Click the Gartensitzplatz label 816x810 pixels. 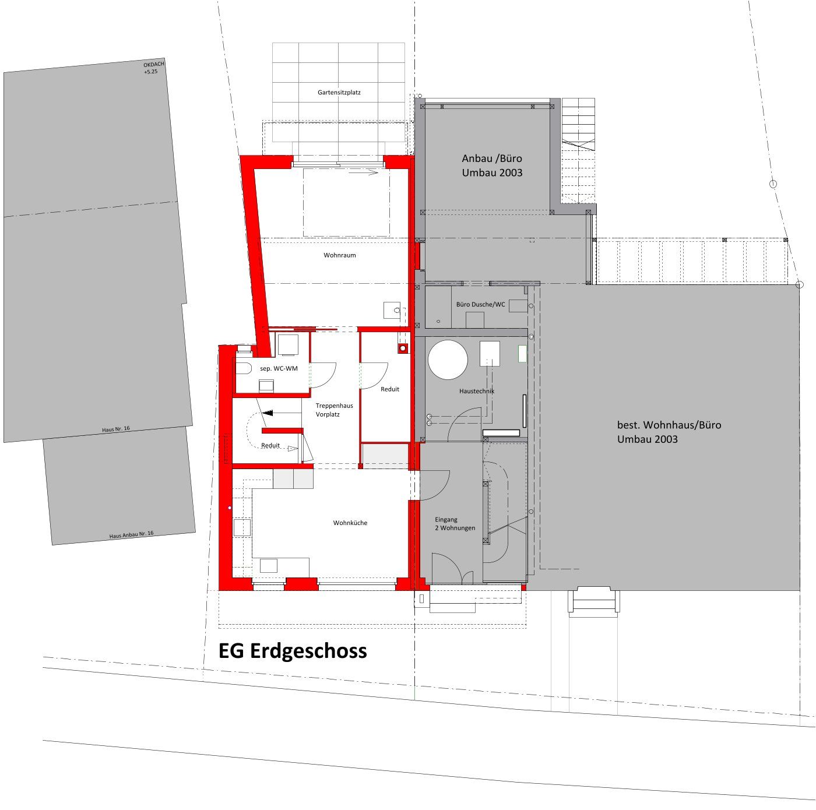[x=339, y=92]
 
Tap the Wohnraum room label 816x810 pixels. [x=340, y=255]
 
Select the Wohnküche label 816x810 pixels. [x=350, y=523]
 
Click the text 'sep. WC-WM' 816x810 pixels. [x=279, y=369]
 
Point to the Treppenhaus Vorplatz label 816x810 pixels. [x=334, y=410]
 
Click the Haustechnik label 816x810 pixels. [x=477, y=391]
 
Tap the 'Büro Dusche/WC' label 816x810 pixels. [x=481, y=304]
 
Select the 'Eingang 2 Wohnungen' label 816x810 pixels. [x=455, y=524]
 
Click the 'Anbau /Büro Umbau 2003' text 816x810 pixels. [x=492, y=165]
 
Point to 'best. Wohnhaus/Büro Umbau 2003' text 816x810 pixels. [x=669, y=432]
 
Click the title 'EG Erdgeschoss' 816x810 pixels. [x=293, y=651]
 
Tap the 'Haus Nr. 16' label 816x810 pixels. [x=115, y=429]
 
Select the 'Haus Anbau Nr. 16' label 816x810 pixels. [x=131, y=535]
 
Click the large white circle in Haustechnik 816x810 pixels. [x=448, y=360]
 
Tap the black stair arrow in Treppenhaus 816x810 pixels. [x=268, y=413]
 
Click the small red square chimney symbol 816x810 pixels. [x=403, y=348]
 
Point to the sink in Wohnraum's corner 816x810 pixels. [x=392, y=310]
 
